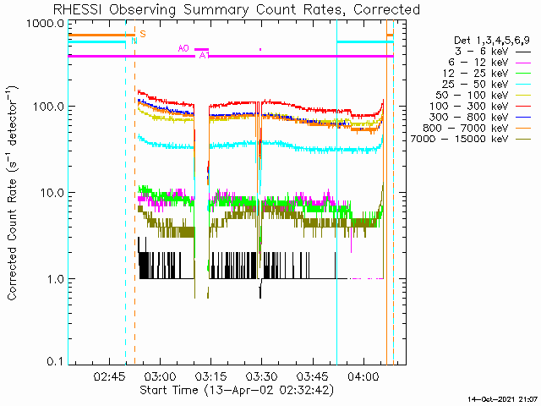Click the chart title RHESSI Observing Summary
[x=236, y=9]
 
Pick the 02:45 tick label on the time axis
[x=110, y=376]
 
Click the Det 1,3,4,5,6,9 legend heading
[x=491, y=40]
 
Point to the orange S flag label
[x=142, y=34]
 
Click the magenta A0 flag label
[x=183, y=48]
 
